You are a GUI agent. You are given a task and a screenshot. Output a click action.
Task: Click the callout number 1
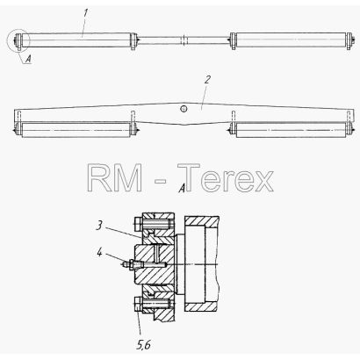[x=85, y=13]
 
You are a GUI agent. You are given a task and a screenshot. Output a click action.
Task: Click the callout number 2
[x=207, y=79]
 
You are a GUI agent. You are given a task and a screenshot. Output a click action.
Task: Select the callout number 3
[x=100, y=226]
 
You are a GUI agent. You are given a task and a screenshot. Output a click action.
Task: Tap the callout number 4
[x=100, y=252]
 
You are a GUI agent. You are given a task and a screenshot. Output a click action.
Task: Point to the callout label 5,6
[x=143, y=345]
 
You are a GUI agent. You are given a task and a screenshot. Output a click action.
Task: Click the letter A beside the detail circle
[x=28, y=60]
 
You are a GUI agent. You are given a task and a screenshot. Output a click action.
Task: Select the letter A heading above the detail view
[x=182, y=188]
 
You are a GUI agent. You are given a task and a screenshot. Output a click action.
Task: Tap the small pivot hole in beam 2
[x=184, y=109]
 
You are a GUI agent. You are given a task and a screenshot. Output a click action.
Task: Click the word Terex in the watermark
[x=226, y=177]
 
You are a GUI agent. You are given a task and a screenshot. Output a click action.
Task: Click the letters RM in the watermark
[x=115, y=177]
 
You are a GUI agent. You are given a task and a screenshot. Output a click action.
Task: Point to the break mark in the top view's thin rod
[x=184, y=40]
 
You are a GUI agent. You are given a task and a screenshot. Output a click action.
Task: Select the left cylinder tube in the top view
[x=79, y=40]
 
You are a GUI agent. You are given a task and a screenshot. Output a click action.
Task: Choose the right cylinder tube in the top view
[x=291, y=40]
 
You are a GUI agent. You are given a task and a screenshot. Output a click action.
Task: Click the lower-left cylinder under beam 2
[x=76, y=130]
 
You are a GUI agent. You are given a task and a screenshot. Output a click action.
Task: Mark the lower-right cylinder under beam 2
[x=291, y=130]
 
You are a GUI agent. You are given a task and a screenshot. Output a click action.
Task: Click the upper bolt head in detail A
[x=139, y=224]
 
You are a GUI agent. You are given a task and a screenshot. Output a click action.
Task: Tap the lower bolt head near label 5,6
[x=139, y=304]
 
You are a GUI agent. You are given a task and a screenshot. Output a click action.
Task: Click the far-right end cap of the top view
[x=349, y=41]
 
